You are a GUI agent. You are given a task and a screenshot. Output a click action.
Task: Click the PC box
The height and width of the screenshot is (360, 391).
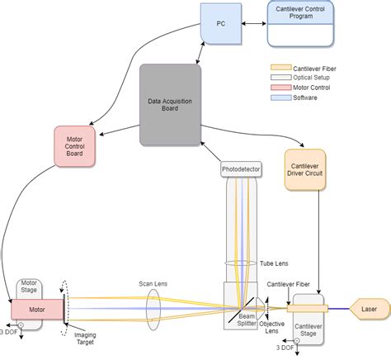(x=221, y=24)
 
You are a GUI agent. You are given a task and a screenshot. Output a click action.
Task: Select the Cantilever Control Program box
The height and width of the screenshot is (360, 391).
(x=300, y=24)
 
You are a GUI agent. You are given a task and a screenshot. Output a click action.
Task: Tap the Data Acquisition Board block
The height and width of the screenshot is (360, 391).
(x=170, y=105)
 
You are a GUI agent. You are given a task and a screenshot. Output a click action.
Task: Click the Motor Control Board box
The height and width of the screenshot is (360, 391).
(x=74, y=146)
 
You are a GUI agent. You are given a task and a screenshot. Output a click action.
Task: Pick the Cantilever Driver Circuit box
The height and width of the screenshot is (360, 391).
(x=305, y=170)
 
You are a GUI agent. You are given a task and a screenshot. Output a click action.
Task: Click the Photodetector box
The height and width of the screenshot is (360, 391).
(x=241, y=169)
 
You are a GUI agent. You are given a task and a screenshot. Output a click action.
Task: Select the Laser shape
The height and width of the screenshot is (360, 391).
(x=370, y=309)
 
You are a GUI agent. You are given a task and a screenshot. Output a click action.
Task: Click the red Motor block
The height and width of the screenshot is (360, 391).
(x=37, y=310)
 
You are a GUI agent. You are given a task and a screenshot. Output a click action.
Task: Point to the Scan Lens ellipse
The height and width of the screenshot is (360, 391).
(x=153, y=310)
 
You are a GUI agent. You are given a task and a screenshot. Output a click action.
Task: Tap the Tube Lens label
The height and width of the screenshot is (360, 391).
(x=274, y=263)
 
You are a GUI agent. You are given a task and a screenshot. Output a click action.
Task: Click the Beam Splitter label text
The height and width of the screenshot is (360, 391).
(x=247, y=320)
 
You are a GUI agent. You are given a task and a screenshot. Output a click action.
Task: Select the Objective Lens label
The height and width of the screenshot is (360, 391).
(x=271, y=328)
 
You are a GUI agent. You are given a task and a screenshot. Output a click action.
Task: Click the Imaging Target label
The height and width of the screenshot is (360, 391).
(x=85, y=339)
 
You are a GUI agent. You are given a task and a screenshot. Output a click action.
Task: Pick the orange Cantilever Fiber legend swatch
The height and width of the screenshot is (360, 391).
(x=280, y=68)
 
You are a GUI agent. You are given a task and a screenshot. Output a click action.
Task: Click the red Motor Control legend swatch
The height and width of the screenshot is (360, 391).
(x=280, y=88)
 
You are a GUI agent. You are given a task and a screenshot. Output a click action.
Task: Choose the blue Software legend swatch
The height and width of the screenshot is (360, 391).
(x=280, y=97)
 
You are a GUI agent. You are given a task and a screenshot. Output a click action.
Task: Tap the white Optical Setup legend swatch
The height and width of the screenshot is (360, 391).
(x=280, y=78)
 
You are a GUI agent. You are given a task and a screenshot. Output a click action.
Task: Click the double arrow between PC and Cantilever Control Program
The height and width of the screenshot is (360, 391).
(x=254, y=24)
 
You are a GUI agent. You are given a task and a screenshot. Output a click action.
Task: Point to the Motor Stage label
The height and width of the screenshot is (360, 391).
(x=29, y=287)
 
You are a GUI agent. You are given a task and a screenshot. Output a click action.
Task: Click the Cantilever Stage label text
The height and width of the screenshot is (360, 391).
(x=309, y=330)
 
